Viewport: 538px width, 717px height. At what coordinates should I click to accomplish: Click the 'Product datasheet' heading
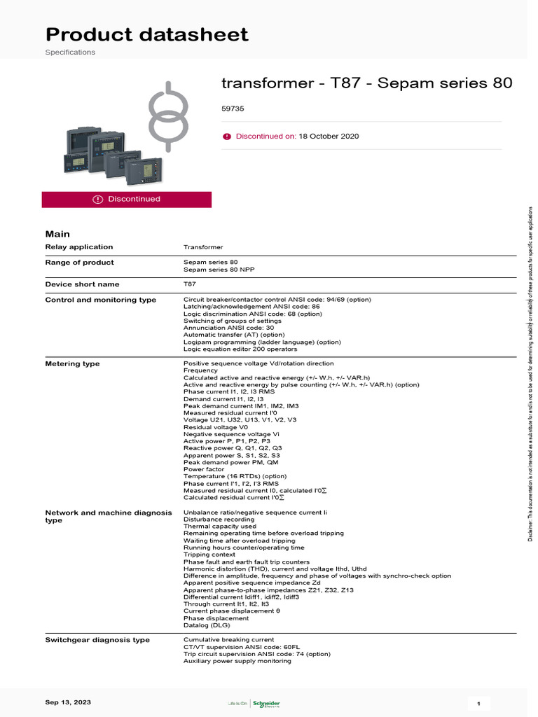coord(146,34)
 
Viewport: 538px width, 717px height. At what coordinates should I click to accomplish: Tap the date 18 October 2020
coord(329,136)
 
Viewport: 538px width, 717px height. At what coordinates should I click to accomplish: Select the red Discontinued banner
coord(127,200)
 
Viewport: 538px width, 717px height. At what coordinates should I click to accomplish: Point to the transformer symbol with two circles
coord(169,116)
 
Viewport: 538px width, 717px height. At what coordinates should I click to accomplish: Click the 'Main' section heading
coord(57,234)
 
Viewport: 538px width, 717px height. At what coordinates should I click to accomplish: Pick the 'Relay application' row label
coord(79,247)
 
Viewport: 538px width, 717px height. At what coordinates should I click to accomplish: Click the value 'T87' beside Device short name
coord(190,284)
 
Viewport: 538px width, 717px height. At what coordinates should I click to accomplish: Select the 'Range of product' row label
coord(80,263)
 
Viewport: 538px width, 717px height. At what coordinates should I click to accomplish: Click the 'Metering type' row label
coord(73,364)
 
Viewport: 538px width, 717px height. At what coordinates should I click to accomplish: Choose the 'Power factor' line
coord(204,469)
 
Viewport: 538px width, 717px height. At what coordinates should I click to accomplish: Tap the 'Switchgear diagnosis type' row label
coord(97,640)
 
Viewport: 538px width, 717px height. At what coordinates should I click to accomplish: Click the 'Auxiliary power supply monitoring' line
coord(237,661)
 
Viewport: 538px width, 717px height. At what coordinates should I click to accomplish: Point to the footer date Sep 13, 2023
coord(68,702)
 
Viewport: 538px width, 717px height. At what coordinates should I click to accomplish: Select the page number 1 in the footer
coord(478,703)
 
